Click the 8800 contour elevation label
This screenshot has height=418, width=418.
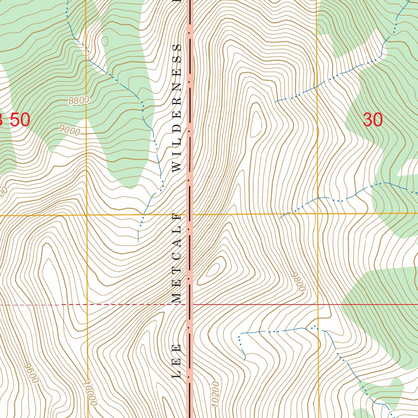point(79,100)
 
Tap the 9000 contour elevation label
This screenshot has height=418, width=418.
point(69,130)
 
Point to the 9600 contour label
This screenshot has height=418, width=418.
point(31,373)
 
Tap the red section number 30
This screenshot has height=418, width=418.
point(373,120)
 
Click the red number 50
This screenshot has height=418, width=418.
point(20,120)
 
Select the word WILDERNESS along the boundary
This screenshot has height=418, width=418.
point(177,108)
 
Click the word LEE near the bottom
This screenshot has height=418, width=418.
point(177,361)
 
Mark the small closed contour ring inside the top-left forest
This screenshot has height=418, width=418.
point(105,41)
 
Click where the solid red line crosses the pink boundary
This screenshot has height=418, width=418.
point(189,304)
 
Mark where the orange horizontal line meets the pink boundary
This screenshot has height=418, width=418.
point(189,214)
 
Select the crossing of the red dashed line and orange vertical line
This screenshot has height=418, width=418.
point(87,305)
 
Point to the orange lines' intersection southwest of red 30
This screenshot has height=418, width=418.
point(318,213)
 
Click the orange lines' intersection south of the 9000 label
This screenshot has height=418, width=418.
point(87,215)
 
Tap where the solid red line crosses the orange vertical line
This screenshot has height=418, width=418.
point(318,304)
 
